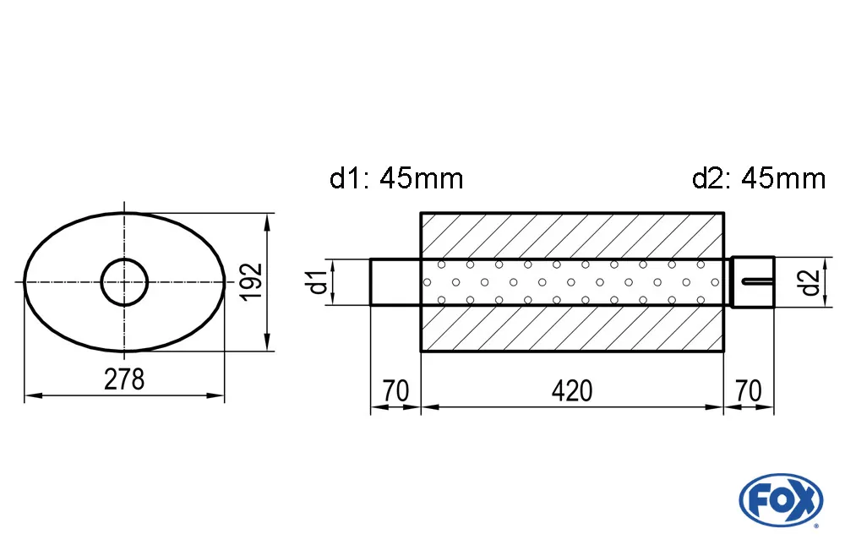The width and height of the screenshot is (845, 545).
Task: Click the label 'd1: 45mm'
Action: (395, 178)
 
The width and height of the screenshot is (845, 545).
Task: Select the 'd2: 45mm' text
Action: (758, 178)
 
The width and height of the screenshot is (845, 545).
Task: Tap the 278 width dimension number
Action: (124, 380)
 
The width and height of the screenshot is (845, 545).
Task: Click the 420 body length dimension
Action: (572, 391)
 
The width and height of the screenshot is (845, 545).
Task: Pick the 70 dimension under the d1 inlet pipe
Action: (395, 391)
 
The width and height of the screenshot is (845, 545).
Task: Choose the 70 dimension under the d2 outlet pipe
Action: (749, 391)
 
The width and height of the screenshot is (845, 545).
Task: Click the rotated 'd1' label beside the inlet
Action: (318, 281)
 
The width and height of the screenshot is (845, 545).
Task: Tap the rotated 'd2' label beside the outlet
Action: (811, 281)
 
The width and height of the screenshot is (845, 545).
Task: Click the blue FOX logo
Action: (780, 499)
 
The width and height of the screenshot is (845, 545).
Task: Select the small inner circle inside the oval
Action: (125, 281)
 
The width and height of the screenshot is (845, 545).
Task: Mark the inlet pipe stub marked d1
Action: (395, 281)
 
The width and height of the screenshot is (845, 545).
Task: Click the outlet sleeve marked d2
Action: (752, 281)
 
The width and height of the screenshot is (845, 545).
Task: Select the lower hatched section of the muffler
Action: (572, 328)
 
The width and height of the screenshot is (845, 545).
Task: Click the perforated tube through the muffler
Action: (572, 281)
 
